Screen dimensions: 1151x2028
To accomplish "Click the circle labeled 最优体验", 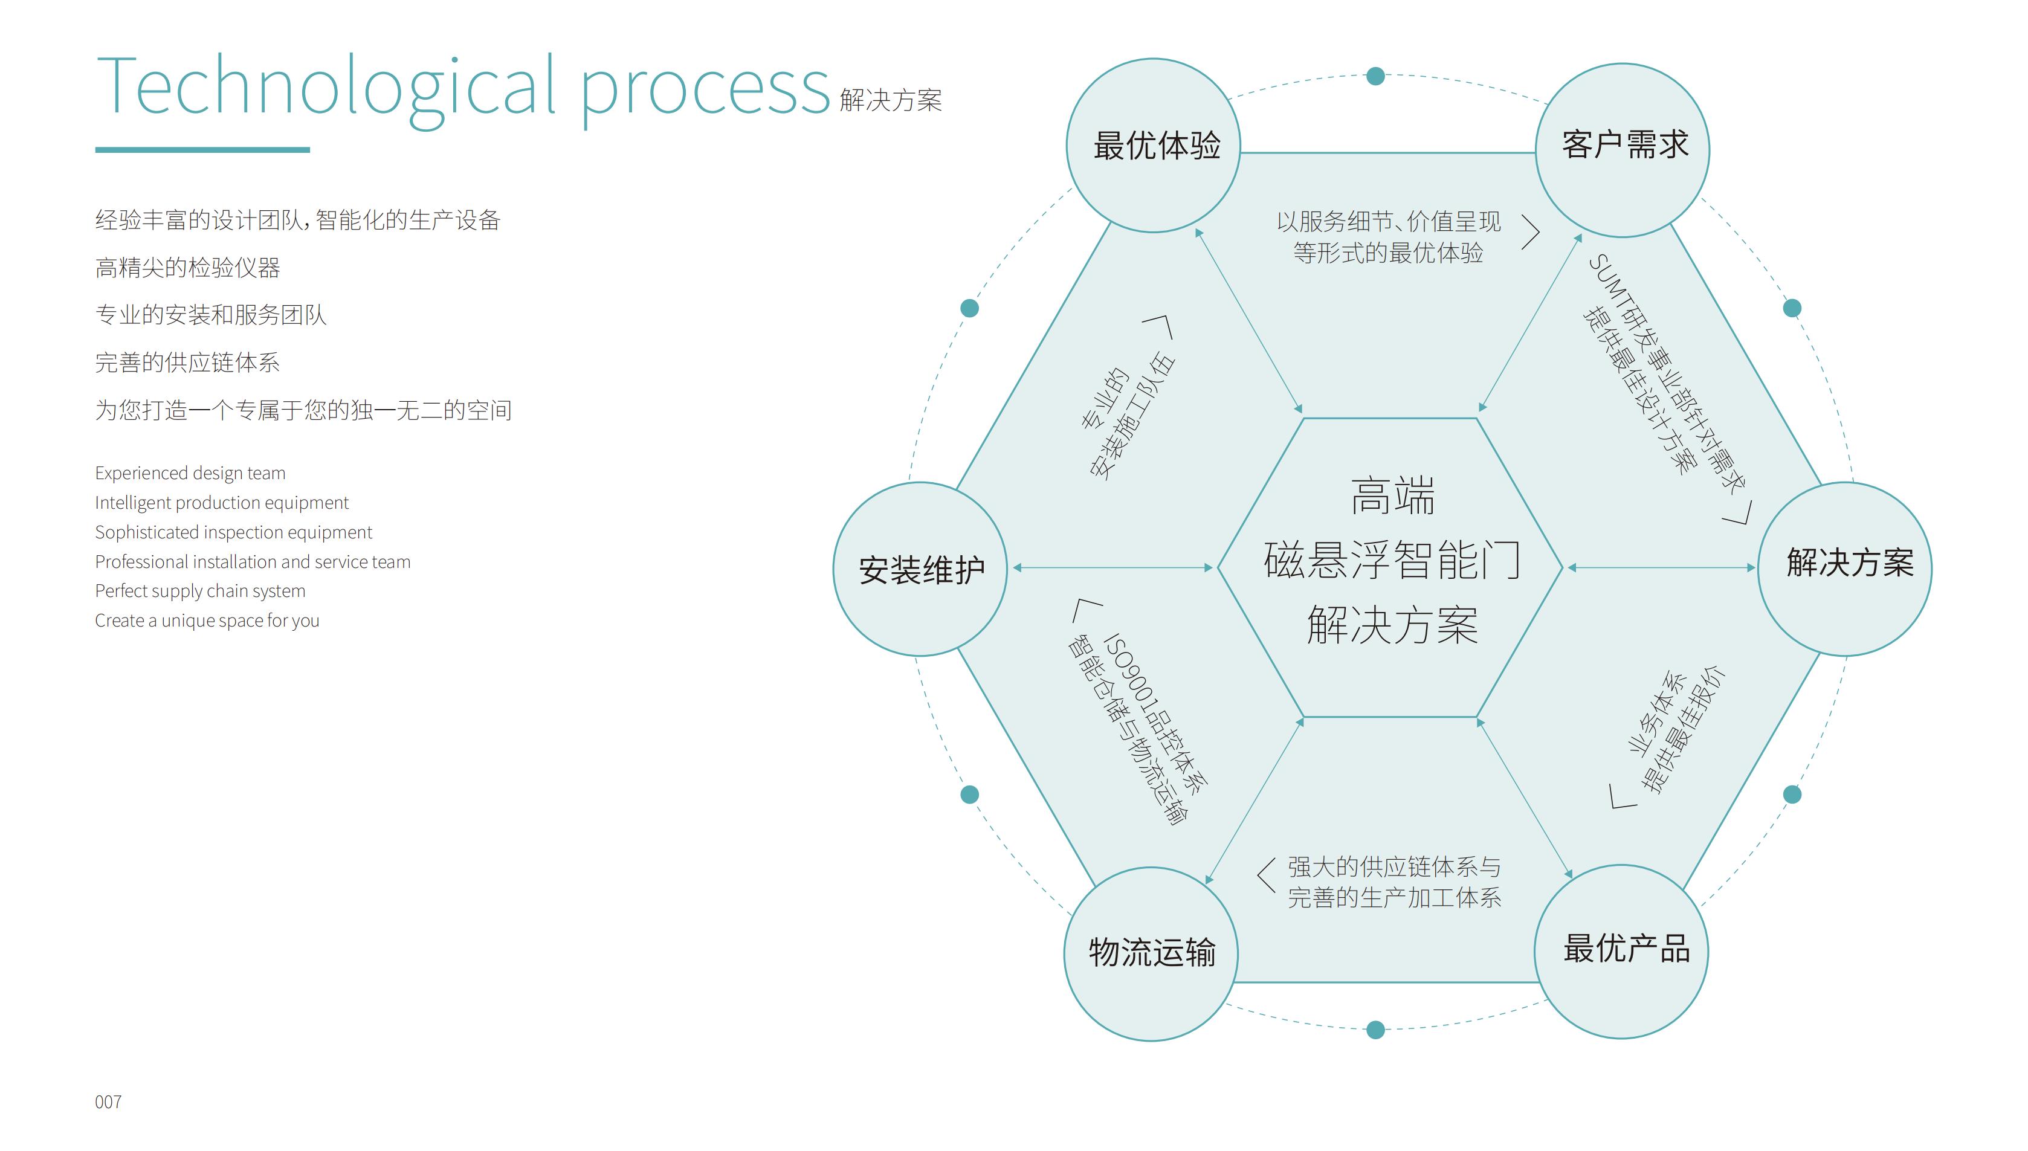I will tap(1154, 146).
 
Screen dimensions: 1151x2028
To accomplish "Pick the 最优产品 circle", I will tap(1621, 951).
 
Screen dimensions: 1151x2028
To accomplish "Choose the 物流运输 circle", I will tap(1151, 953).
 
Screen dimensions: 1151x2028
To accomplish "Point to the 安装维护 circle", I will tap(920, 569).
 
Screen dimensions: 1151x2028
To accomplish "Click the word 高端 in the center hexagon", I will tap(1392, 497).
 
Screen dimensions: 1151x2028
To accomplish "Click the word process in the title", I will tap(705, 89).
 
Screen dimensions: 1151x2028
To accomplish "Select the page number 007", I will tap(108, 1102).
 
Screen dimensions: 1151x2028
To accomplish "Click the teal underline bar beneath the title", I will tap(202, 149).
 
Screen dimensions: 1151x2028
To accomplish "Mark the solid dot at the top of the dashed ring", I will tap(1376, 76).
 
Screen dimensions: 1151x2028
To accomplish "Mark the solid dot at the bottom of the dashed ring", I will tap(1376, 1030).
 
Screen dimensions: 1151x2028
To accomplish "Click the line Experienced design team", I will tap(190, 472).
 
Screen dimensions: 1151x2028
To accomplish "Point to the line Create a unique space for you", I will tap(207, 621).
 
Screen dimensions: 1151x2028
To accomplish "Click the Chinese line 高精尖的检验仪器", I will tap(187, 268).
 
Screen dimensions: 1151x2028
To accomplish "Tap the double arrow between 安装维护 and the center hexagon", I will tap(1112, 567).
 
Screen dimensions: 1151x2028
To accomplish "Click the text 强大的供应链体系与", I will tap(1394, 867).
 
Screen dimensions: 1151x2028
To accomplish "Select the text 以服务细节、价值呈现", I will tap(1389, 222).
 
